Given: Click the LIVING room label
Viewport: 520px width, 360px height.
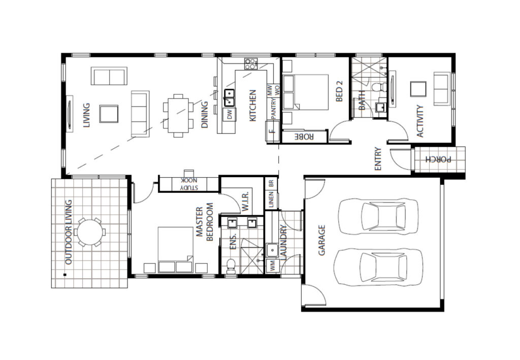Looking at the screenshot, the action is pyautogui.click(x=86, y=115).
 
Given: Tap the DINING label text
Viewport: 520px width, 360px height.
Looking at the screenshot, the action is pyautogui.click(x=205, y=115).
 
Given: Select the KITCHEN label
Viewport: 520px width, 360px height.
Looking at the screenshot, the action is pyautogui.click(x=252, y=106).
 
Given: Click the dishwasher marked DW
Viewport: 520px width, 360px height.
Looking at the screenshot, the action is pyautogui.click(x=230, y=115).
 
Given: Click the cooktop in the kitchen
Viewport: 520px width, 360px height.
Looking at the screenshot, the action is pyautogui.click(x=251, y=63).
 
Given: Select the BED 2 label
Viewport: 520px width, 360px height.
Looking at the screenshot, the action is pyautogui.click(x=339, y=91).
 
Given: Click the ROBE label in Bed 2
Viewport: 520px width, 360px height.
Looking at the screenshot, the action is pyautogui.click(x=304, y=136).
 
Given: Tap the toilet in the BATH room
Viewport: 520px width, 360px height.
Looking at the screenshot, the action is pyautogui.click(x=379, y=87).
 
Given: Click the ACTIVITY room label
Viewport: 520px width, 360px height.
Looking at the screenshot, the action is pyautogui.click(x=420, y=121).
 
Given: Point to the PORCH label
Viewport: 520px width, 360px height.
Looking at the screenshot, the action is pyautogui.click(x=438, y=159).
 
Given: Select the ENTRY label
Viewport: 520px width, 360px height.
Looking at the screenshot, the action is pyautogui.click(x=378, y=159).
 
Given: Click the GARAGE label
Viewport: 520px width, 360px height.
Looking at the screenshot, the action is pyautogui.click(x=321, y=240).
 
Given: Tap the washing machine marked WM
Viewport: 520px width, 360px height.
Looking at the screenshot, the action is pyautogui.click(x=273, y=266).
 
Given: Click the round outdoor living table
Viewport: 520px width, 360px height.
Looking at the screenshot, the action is pyautogui.click(x=90, y=232).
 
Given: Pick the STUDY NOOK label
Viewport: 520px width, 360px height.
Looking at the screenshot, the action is pyautogui.click(x=189, y=184).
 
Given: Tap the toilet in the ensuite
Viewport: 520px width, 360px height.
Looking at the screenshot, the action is pyautogui.click(x=231, y=267).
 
